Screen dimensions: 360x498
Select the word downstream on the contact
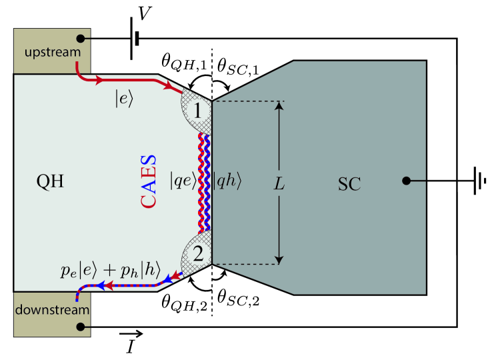51,310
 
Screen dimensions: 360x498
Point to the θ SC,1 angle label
241,64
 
